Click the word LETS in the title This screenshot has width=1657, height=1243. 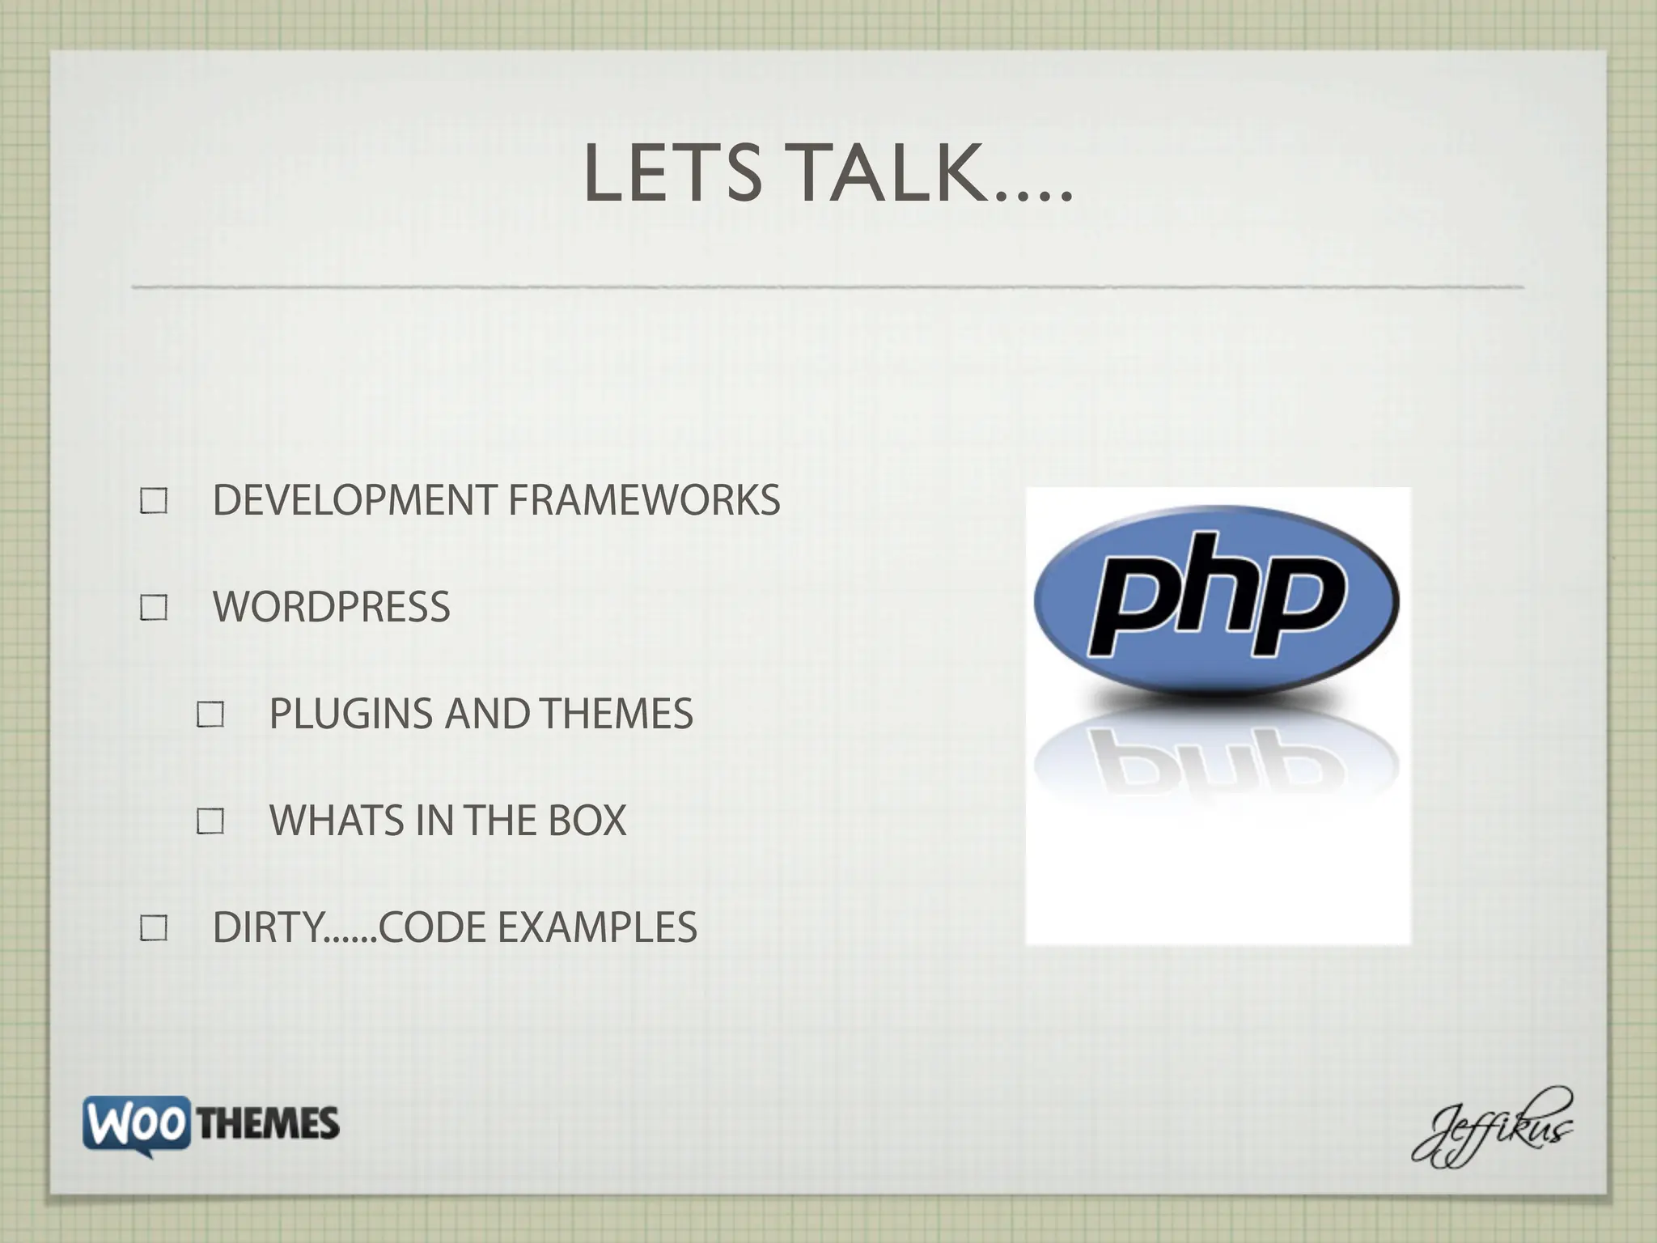click(672, 173)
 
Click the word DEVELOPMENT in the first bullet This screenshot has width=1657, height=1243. click(354, 500)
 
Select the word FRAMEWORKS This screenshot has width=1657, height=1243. click(644, 500)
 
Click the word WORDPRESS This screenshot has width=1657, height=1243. click(331, 607)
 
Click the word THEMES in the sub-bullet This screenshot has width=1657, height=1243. click(617, 714)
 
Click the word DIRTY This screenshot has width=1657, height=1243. click(268, 927)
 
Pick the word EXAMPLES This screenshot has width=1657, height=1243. click(597, 927)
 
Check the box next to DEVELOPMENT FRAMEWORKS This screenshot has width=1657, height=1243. click(154, 501)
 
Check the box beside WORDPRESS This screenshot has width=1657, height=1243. click(154, 608)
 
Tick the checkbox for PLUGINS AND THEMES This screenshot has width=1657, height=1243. click(210, 715)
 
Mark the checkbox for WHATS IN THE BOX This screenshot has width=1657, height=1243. click(210, 821)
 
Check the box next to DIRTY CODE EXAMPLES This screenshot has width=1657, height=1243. click(154, 928)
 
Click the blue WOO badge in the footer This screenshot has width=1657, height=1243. click(137, 1123)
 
